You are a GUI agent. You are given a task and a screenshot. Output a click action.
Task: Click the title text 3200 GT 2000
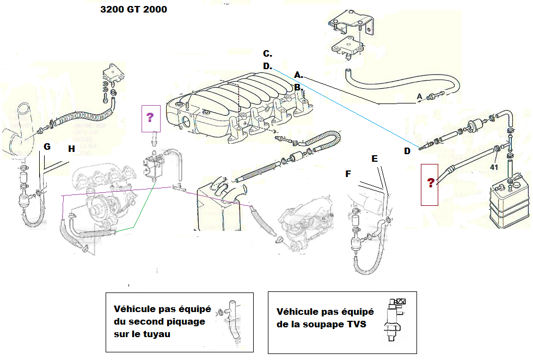(133, 9)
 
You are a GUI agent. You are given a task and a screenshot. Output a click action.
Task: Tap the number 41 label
(494, 167)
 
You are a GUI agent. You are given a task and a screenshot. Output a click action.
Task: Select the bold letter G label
(47, 147)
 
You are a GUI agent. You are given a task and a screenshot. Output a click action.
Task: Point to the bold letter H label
(72, 148)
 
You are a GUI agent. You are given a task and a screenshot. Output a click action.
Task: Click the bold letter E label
(374, 158)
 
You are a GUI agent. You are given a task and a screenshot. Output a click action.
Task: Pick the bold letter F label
(348, 174)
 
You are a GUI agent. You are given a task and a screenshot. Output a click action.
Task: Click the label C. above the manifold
(267, 53)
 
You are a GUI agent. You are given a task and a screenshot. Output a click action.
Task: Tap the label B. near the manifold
(298, 87)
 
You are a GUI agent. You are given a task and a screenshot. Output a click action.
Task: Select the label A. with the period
(298, 74)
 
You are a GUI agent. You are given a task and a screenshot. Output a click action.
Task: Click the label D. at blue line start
(267, 66)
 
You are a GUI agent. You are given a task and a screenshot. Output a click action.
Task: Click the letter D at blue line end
(407, 151)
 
